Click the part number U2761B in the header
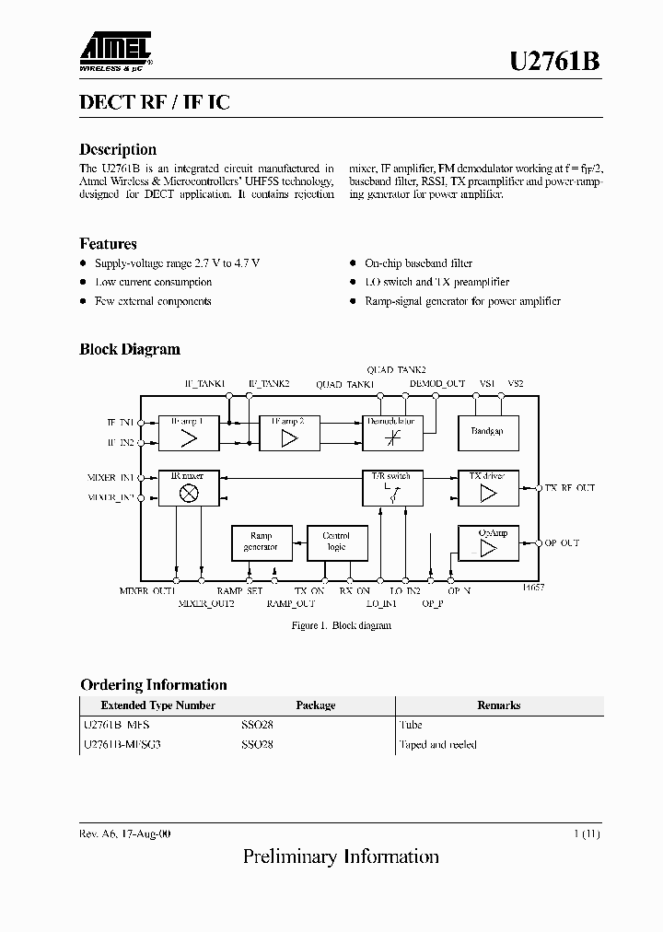(x=555, y=62)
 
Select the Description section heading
(x=118, y=149)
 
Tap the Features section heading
(x=108, y=244)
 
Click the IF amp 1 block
(x=189, y=433)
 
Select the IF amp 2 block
(x=289, y=433)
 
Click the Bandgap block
(x=488, y=432)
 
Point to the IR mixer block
(x=189, y=488)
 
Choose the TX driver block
(x=488, y=488)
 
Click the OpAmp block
(x=488, y=543)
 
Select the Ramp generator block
(x=261, y=542)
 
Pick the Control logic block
(x=336, y=542)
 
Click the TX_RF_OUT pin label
(x=570, y=488)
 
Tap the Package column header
(x=316, y=705)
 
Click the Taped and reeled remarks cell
(x=437, y=744)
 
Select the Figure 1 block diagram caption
(x=341, y=625)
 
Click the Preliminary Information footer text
(x=341, y=857)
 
